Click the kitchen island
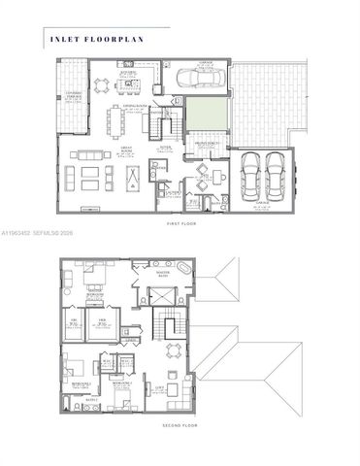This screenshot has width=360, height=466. tap(130, 84)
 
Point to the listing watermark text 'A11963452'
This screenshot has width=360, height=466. tap(20, 234)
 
